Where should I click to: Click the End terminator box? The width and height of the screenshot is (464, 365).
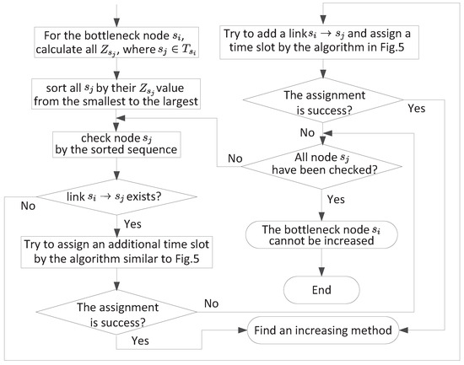click(x=321, y=290)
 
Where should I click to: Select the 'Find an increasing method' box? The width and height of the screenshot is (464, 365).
click(x=323, y=330)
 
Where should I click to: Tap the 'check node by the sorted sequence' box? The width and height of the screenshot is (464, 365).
click(x=116, y=144)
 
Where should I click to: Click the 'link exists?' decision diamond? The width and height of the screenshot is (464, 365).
click(x=116, y=196)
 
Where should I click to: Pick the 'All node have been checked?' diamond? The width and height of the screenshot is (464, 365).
click(x=322, y=167)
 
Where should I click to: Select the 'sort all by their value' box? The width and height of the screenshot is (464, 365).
click(x=116, y=94)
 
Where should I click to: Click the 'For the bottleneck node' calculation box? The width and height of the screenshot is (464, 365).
click(x=116, y=42)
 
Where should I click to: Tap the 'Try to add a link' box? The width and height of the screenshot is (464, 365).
click(x=319, y=42)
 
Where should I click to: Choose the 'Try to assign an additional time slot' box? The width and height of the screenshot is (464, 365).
click(x=116, y=252)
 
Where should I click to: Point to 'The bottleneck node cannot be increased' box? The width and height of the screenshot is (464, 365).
click(x=321, y=234)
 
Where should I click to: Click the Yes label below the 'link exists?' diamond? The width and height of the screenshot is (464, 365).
click(x=132, y=224)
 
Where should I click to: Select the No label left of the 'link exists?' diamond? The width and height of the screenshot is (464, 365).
click(x=28, y=206)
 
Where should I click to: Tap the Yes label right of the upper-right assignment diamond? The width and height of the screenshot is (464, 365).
click(x=417, y=108)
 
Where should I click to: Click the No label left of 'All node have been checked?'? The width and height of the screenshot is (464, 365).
click(x=235, y=158)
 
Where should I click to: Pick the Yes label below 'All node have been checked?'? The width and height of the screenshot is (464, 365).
click(x=336, y=200)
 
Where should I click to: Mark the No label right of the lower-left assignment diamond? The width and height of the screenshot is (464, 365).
click(x=211, y=303)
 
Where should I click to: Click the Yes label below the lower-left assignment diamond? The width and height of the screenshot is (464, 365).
click(x=140, y=341)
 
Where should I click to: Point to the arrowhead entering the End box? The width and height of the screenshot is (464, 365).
click(x=321, y=271)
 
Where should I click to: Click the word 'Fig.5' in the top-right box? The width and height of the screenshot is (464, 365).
click(x=392, y=47)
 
